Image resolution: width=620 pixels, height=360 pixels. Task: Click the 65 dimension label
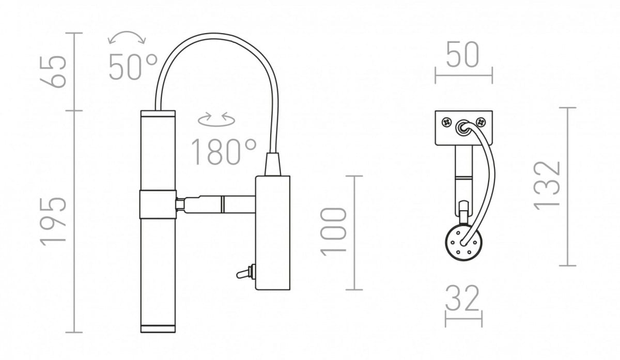click(x=53, y=72)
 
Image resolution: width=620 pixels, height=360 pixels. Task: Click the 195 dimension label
click(x=53, y=222)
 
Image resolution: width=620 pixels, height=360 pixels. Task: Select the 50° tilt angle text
click(x=133, y=67)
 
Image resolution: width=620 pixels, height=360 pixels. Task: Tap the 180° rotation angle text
click(x=224, y=152)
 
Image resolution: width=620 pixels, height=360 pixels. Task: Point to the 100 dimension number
click(x=333, y=232)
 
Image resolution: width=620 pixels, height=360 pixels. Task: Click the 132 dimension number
click(x=547, y=186)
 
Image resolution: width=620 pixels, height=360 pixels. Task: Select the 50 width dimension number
click(x=463, y=55)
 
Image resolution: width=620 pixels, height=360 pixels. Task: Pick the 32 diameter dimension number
click(x=462, y=299)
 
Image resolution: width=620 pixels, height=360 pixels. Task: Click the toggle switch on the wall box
click(x=246, y=272)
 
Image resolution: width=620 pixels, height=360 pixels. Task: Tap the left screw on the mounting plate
click(x=447, y=122)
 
